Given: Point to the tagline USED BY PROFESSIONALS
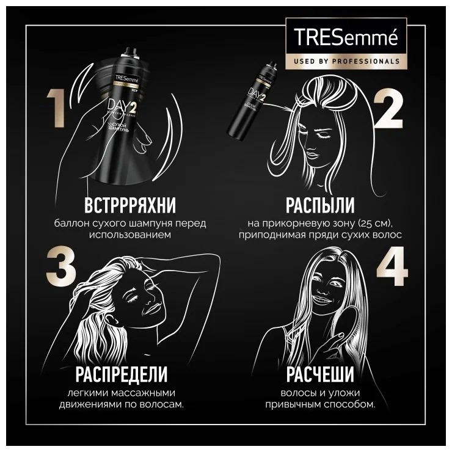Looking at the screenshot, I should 346,61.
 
